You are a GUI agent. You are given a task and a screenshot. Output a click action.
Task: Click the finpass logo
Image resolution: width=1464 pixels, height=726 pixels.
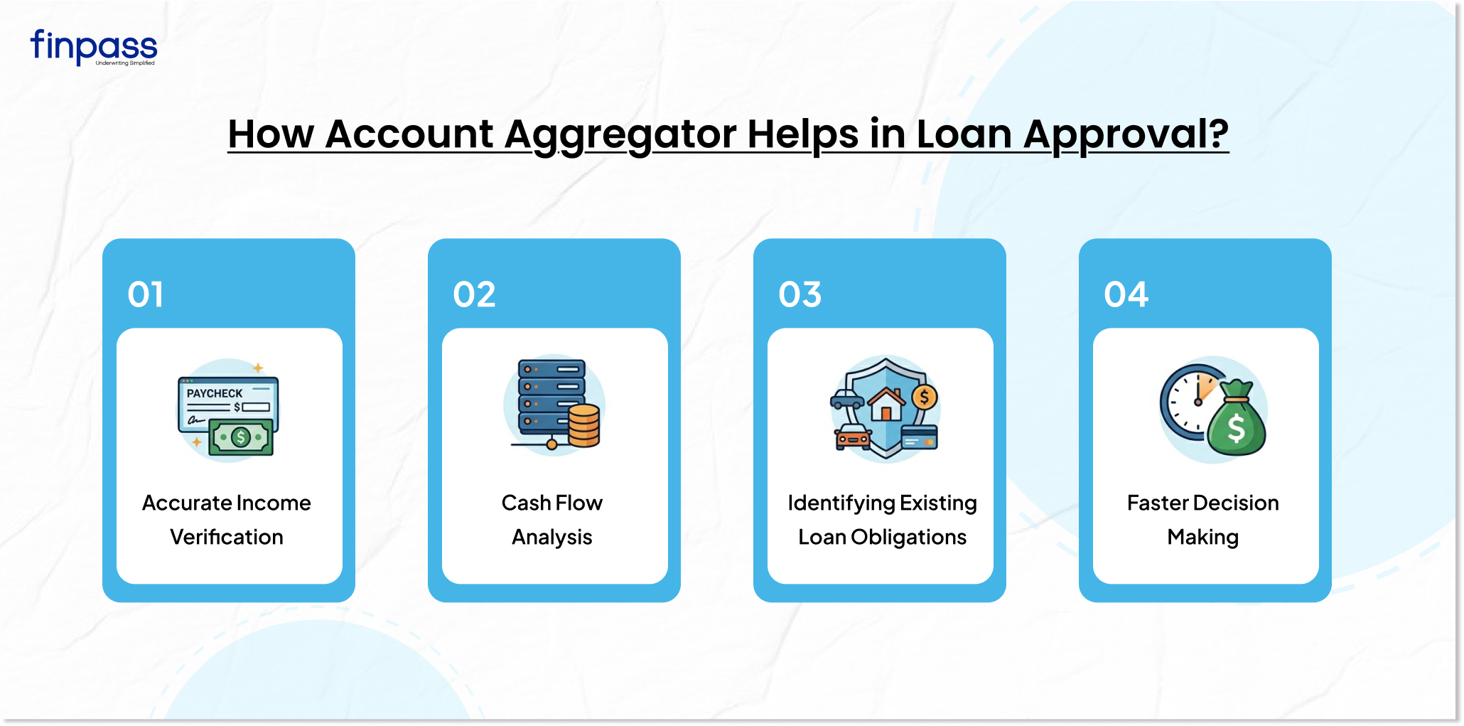[x=93, y=48]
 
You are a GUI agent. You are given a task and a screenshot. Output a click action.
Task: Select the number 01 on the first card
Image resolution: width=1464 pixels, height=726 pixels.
[x=146, y=294]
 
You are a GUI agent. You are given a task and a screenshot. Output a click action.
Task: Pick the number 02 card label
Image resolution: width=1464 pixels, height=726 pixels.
[x=474, y=294]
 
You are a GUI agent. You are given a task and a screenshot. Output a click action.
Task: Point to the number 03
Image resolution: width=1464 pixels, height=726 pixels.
[x=800, y=294]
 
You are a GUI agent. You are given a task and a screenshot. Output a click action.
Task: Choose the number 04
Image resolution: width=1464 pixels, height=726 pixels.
[x=1126, y=294]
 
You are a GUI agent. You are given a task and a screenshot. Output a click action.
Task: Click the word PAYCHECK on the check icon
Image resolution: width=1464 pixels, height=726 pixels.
[x=215, y=393]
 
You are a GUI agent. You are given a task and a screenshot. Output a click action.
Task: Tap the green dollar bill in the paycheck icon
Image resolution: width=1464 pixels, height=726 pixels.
[x=241, y=437]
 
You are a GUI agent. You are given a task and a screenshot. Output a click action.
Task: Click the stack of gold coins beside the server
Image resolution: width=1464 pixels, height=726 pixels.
[x=584, y=425]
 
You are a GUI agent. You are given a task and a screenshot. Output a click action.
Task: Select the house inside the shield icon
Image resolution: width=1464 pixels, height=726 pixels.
[x=886, y=404]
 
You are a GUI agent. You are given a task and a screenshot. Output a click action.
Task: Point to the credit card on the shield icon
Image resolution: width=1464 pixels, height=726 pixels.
[x=920, y=437]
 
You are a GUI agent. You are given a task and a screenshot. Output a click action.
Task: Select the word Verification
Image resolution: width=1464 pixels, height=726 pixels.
[x=227, y=537]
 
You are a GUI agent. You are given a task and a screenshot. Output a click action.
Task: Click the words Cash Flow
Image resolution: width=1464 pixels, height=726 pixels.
[x=552, y=503]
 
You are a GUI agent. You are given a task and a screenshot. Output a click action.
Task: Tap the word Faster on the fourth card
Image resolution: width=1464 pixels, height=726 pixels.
[x=1158, y=503]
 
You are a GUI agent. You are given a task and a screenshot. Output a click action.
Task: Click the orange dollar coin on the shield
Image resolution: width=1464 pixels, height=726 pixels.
[x=925, y=397]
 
